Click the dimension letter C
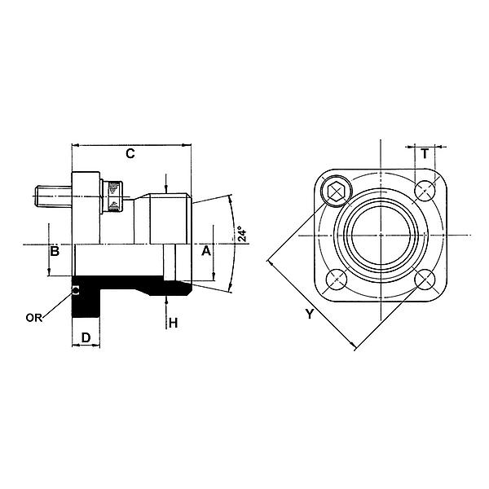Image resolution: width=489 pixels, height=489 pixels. (x=130, y=153)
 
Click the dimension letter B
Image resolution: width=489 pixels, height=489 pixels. (x=55, y=251)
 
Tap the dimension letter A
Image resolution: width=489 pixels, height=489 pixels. (x=206, y=251)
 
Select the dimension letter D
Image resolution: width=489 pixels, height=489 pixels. (x=85, y=336)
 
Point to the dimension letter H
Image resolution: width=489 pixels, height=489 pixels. (x=173, y=324)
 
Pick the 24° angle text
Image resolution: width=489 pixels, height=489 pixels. (x=243, y=236)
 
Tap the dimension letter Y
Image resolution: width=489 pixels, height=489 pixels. (x=309, y=314)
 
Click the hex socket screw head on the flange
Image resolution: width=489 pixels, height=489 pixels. (x=335, y=192)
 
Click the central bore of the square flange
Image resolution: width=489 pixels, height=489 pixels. (x=380, y=236)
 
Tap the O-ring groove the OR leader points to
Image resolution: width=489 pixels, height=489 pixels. (x=76, y=289)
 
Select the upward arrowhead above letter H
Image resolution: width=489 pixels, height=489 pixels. (x=165, y=300)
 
